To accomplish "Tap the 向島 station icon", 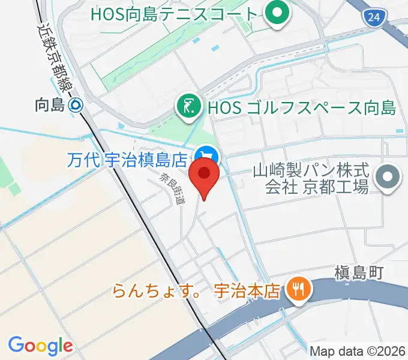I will (x=76, y=106).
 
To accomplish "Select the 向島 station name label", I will (x=49, y=106).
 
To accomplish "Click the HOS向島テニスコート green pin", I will (x=277, y=14).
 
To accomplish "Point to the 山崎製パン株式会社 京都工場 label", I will (x=317, y=178).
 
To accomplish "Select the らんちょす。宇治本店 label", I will (x=197, y=292).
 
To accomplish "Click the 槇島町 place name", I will (x=359, y=274).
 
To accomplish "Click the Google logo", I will (x=40, y=346).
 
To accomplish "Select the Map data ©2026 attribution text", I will (x=358, y=351).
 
